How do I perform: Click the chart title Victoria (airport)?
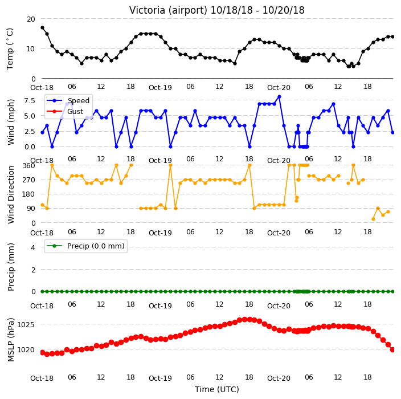pos(168,10)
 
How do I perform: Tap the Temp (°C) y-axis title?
pos(10,49)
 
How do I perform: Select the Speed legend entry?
pos(68,100)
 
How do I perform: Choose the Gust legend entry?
pos(65,111)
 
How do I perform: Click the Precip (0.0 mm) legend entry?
pos(85,246)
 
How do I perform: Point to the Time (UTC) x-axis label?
pos(217,389)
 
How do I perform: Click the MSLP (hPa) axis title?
pos(11,340)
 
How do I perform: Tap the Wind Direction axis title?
pos(11,195)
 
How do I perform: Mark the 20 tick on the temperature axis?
pos(31,19)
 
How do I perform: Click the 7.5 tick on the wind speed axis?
pos(30,100)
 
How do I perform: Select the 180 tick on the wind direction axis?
pos(28,194)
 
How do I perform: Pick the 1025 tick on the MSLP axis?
pos(26,324)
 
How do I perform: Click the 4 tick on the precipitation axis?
pos(33,247)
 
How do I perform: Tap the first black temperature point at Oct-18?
pos(43,27)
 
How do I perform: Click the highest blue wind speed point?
pos(279,97)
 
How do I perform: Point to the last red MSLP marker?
pos(392,349)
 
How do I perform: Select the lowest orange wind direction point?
pos(374,219)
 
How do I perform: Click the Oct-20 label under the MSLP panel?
pos(279,378)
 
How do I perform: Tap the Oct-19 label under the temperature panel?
pos(160,88)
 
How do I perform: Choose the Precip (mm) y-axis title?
pos(11,267)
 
